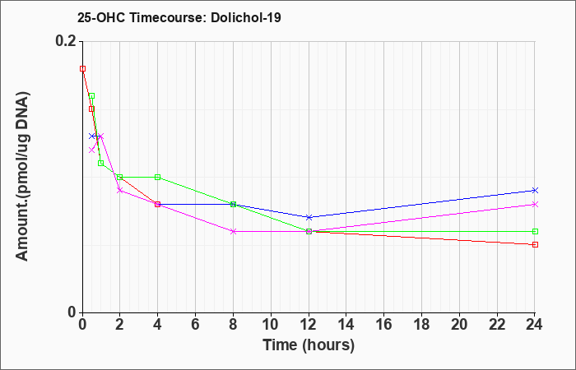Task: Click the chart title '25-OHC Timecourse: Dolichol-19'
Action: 179,17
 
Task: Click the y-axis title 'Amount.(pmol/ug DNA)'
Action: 22,177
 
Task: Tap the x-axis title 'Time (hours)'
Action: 309,345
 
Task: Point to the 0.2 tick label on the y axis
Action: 66,41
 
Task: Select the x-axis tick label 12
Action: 309,325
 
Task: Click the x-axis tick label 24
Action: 534,325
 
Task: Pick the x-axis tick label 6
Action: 196,325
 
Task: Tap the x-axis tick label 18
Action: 421,325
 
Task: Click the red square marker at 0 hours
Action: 82,68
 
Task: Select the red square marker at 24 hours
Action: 535,244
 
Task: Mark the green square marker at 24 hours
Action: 535,231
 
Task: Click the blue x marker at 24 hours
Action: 535,190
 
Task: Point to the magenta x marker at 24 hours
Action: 535,204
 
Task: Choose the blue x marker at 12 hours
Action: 309,217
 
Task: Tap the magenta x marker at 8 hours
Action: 233,231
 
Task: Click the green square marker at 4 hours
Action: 158,177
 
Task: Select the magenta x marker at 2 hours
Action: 120,190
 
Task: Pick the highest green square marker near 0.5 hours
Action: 92,96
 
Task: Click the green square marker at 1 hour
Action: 101,163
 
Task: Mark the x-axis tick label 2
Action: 120,325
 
